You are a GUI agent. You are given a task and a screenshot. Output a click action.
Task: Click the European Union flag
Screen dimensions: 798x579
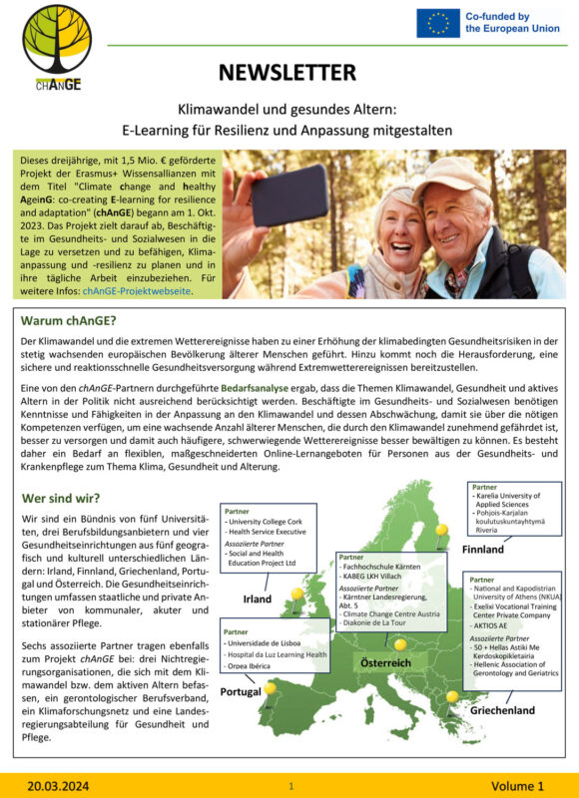[439, 23]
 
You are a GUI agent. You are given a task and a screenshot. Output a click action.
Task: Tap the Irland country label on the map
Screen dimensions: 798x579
[258, 598]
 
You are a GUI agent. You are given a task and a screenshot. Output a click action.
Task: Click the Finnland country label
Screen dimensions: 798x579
[483, 550]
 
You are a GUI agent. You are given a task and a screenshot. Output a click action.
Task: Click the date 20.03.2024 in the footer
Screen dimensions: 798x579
[58, 786]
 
